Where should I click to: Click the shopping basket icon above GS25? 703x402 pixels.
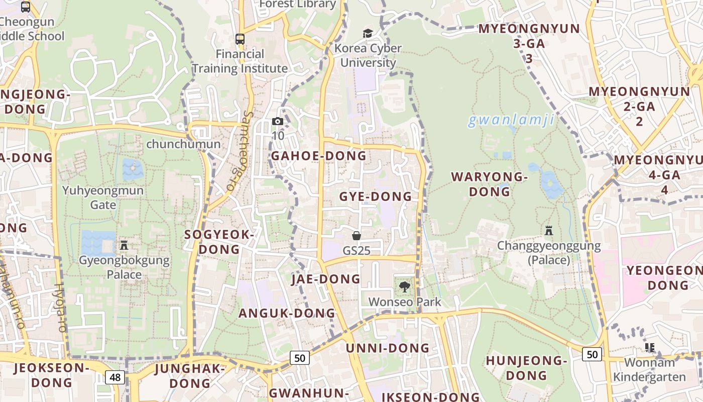click(357, 235)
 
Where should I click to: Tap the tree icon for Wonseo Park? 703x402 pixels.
click(404, 287)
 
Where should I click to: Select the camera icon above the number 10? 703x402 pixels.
click(277, 121)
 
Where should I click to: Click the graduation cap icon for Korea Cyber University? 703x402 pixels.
click(368, 33)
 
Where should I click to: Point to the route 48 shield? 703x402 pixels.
click(115, 377)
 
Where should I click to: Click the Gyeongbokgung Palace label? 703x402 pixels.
click(124, 267)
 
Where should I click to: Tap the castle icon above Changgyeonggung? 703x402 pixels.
click(549, 231)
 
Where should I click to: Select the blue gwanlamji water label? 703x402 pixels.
click(511, 121)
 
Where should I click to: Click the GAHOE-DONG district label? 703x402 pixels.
click(318, 156)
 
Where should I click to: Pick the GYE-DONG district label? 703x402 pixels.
click(376, 196)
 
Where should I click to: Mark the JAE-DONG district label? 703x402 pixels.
click(326, 279)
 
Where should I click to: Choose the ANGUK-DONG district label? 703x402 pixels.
click(287, 313)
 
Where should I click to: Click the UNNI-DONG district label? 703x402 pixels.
click(388, 348)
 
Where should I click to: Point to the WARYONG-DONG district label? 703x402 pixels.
click(490, 184)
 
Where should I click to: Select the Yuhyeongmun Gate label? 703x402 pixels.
click(103, 197)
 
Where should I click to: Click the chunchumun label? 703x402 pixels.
click(183, 144)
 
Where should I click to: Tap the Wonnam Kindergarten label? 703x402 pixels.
click(649, 370)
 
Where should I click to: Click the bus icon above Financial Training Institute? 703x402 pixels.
click(240, 39)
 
